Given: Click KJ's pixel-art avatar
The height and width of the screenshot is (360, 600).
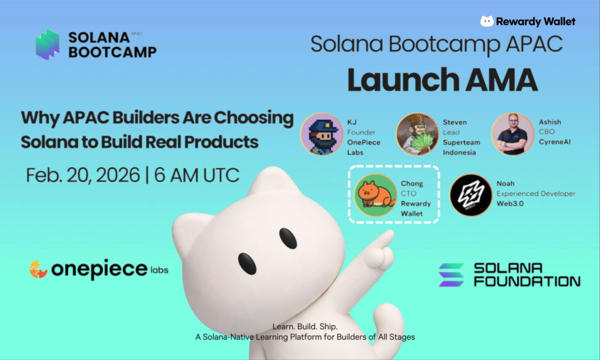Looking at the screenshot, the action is coord(322,134).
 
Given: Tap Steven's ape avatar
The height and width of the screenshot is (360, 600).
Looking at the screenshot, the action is coord(417,134).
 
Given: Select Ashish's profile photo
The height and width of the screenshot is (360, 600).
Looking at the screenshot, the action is coord(513,134).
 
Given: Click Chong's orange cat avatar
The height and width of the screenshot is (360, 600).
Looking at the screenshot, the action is coord(376,195).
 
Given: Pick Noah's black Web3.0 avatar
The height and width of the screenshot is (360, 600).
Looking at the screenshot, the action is coord(471,195).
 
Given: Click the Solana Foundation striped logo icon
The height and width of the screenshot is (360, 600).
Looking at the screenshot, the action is coord(451,275).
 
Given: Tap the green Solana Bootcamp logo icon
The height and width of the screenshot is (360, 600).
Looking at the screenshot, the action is coord(48,45).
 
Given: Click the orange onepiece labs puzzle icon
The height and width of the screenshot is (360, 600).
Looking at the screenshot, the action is coord(38,269).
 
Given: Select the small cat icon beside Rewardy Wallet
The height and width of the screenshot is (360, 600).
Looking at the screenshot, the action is coord(487,21).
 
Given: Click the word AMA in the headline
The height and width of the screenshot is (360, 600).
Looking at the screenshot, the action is coord(502,80).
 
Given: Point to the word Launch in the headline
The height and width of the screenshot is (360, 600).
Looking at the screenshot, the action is coord(404,80).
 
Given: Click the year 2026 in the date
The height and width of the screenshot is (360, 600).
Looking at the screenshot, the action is coord(117,175).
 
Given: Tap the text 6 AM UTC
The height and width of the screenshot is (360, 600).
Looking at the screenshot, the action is coord(196,175).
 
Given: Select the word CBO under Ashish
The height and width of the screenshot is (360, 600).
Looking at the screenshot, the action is coord(547,132).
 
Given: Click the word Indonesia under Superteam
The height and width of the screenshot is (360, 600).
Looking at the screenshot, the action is coord(459,152).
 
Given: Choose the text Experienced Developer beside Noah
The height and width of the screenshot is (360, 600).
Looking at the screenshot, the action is coord(536,193).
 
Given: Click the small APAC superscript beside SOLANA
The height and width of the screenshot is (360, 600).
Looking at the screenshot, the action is coord(137,34).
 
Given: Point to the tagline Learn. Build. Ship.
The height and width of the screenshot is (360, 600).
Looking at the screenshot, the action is coord(305,326).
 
